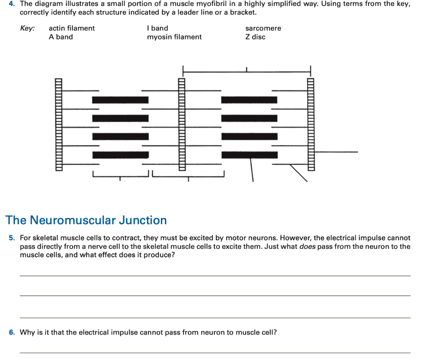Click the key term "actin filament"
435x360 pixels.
coord(72,28)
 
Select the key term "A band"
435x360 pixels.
coord(61,37)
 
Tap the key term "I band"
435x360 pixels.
coord(157,28)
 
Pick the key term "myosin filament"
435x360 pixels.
coord(174,37)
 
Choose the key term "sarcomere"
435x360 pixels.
coord(263,28)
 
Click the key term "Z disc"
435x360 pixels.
coord(255,37)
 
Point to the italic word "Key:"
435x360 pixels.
coord(28,28)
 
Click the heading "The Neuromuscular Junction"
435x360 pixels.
coord(86,220)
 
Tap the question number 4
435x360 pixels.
coord(12,3)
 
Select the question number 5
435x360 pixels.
coord(12,238)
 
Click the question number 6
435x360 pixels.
coord(12,332)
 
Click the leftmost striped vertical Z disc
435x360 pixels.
coord(58,124)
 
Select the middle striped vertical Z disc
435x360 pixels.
coord(182,124)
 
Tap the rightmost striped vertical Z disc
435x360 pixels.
coord(311,124)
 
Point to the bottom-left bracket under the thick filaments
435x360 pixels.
coord(120,177)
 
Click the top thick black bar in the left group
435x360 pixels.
coord(120,100)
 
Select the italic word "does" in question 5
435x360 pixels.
coord(307,246)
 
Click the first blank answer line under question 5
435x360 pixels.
coord(215,276)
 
